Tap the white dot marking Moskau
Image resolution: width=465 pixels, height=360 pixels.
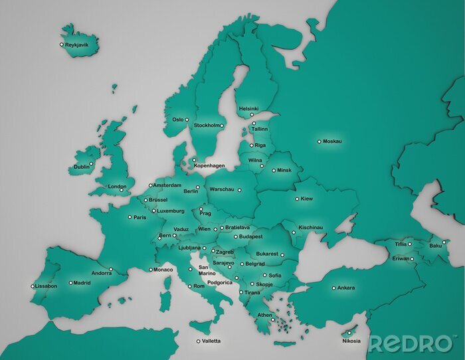pyautogui.click(x=319, y=141)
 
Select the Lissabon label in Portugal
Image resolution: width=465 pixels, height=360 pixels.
pyautogui.click(x=46, y=286)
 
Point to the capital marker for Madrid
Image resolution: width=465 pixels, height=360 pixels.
pyautogui.click(x=70, y=283)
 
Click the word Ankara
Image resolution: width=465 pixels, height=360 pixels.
pyautogui.click(x=346, y=288)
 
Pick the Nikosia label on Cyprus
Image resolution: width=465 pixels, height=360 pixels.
pyautogui.click(x=351, y=341)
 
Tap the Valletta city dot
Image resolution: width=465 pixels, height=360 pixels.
pyautogui.click(x=198, y=341)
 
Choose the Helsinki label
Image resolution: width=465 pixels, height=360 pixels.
pyautogui.click(x=248, y=108)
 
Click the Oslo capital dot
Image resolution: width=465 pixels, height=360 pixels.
pyautogui.click(x=187, y=120)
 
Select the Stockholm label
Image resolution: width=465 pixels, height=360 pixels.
pyautogui.click(x=206, y=125)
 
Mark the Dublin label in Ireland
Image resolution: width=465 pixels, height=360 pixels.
pyautogui.click(x=82, y=167)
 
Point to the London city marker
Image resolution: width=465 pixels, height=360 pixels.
pyautogui.click(x=122, y=191)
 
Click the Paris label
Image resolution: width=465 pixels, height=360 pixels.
pyautogui.click(x=139, y=217)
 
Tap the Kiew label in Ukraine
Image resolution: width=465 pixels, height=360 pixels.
pyautogui.click(x=306, y=199)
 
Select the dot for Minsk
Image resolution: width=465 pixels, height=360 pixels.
pyautogui.click(x=273, y=171)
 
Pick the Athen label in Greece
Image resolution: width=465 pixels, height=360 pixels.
pyautogui.click(x=265, y=315)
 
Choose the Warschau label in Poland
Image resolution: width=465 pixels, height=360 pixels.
pyautogui.click(x=222, y=189)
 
